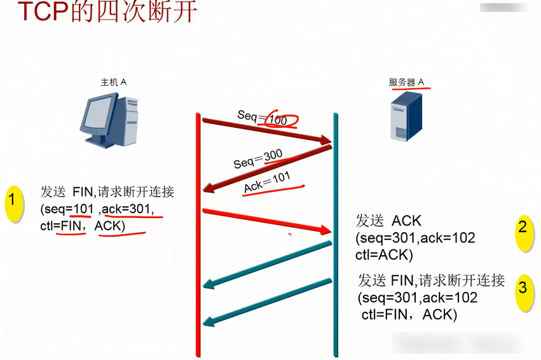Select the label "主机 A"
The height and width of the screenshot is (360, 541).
114,82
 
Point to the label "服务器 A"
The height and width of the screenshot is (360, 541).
406,82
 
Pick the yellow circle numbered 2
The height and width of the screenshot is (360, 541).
523,230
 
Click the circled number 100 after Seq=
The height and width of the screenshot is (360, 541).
278,120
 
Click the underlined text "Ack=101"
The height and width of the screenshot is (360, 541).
267,182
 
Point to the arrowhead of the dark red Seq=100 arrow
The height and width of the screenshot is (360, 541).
327,140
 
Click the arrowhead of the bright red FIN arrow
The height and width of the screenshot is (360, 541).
327,230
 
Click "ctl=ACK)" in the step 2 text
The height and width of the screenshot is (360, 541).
385,255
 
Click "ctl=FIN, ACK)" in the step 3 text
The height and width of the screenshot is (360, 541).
409,314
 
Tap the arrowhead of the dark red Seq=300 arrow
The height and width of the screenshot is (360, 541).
207,189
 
